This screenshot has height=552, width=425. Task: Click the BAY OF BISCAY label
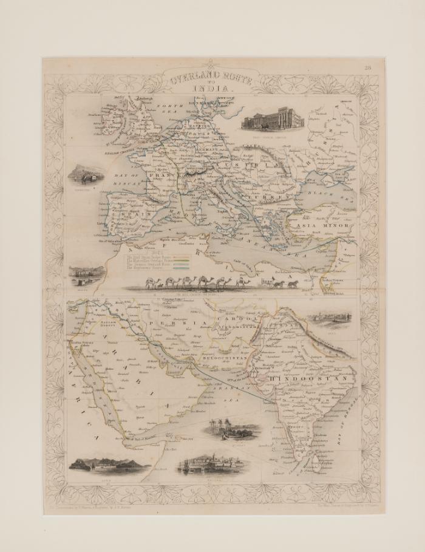point(127,177)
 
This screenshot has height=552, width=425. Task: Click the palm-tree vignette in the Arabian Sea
point(232,429)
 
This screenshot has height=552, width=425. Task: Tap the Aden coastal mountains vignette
point(109,464)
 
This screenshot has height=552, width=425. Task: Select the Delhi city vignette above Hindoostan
point(330,319)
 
